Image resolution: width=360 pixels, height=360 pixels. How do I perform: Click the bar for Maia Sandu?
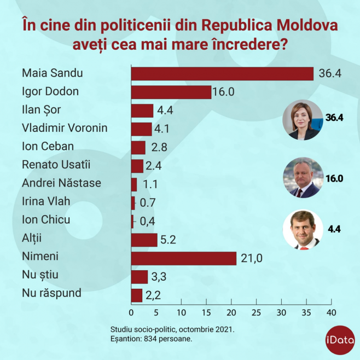click(222, 73)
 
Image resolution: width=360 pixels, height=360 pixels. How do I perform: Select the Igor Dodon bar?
click(171, 92)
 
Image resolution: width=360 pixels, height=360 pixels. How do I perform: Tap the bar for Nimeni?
click(184, 258)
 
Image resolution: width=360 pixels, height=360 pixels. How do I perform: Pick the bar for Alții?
click(144, 240)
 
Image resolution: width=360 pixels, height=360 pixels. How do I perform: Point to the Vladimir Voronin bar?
click(141, 129)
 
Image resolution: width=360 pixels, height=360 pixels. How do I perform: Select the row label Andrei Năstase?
click(61, 183)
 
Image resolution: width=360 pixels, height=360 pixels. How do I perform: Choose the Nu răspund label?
click(51, 293)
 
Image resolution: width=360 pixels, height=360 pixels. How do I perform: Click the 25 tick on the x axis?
click(256, 312)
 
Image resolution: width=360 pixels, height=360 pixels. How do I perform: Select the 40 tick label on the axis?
click(330, 312)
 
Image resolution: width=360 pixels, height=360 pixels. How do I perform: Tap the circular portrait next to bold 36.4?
click(303, 120)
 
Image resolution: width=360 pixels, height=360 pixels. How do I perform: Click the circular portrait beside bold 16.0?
click(303, 178)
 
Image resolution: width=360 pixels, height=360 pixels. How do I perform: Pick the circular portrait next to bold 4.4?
click(303, 230)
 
